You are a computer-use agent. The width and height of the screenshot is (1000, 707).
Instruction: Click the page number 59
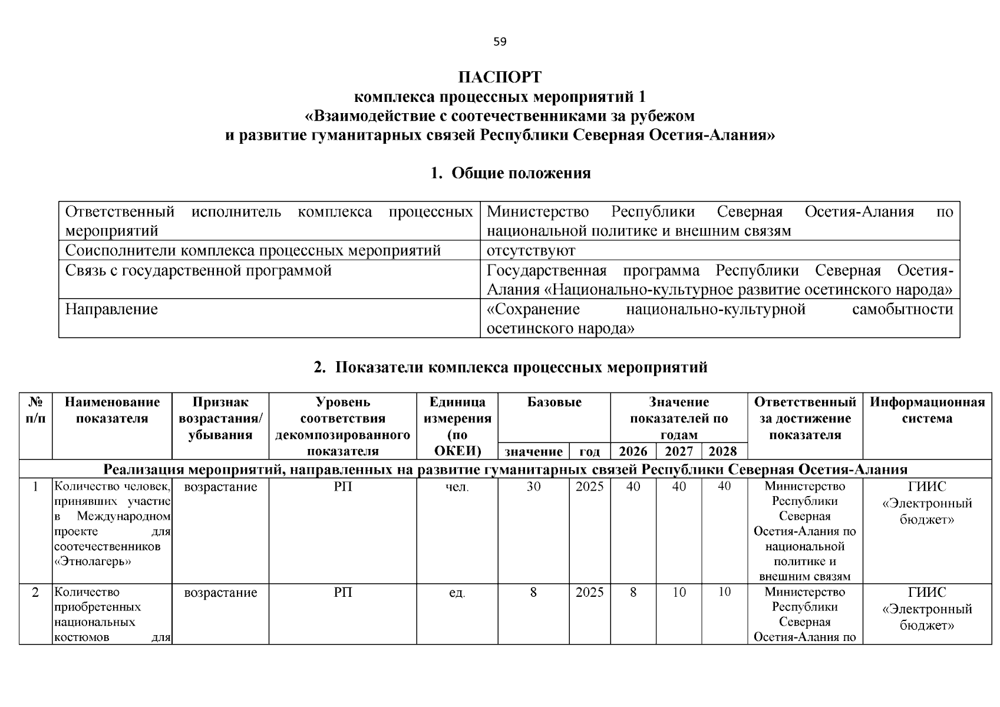tap(499, 42)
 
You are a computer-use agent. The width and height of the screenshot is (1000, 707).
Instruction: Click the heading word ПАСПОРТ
tap(500, 78)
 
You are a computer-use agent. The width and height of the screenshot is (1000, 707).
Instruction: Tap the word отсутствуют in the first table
tap(530, 250)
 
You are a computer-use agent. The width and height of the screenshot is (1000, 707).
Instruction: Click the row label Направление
tap(111, 309)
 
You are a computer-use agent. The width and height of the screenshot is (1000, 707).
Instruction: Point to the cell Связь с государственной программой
tap(198, 270)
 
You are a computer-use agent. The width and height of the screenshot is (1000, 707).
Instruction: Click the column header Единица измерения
tap(457, 427)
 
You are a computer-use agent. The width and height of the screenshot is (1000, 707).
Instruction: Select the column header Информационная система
tap(927, 410)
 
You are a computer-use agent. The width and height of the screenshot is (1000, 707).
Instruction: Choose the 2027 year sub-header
tap(679, 452)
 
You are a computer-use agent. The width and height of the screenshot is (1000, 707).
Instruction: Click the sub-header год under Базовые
tap(590, 452)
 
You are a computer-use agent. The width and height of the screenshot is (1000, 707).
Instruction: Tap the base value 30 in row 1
tap(533, 487)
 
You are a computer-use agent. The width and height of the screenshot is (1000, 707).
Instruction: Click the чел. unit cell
tap(457, 487)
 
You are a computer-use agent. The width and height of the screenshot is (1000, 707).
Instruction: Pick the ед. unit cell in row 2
tap(457, 593)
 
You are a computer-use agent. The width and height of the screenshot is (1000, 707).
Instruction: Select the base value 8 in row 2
tap(533, 592)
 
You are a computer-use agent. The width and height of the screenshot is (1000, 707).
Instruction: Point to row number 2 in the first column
tap(35, 592)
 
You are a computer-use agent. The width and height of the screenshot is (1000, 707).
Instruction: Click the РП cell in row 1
tap(343, 487)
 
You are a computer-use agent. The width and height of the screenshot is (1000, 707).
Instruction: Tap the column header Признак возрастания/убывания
tap(220, 418)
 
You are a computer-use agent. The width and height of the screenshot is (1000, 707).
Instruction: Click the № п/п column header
tap(35, 410)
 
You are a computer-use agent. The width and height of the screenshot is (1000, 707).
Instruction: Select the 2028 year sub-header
tap(723, 452)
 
